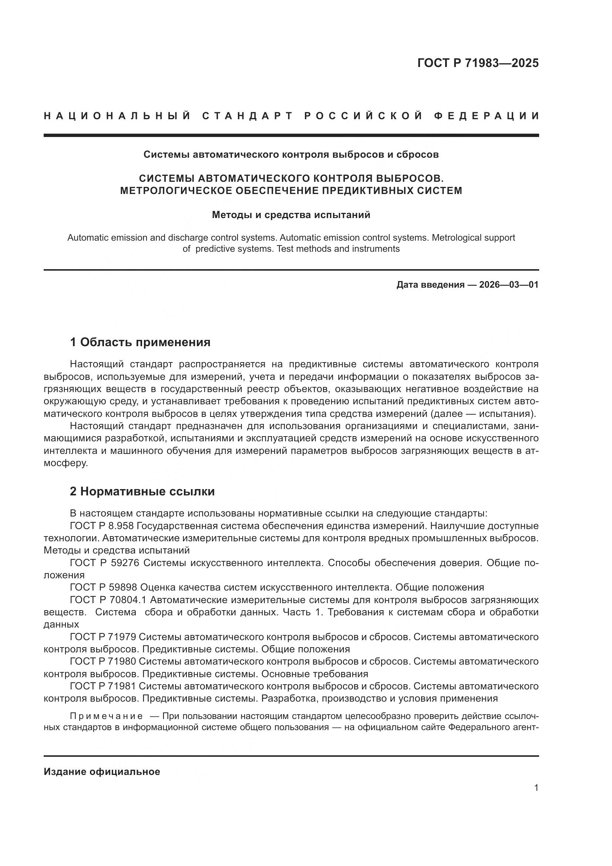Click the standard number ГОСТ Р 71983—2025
point(478,63)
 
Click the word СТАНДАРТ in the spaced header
point(247,116)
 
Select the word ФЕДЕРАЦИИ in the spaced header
point(486,116)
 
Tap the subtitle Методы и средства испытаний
point(291,215)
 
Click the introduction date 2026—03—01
point(509,285)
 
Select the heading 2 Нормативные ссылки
point(142,491)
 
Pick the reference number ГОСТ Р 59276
point(104,563)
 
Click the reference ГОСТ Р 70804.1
point(108,600)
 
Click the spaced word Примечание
point(106,716)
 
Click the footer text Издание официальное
point(102,772)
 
